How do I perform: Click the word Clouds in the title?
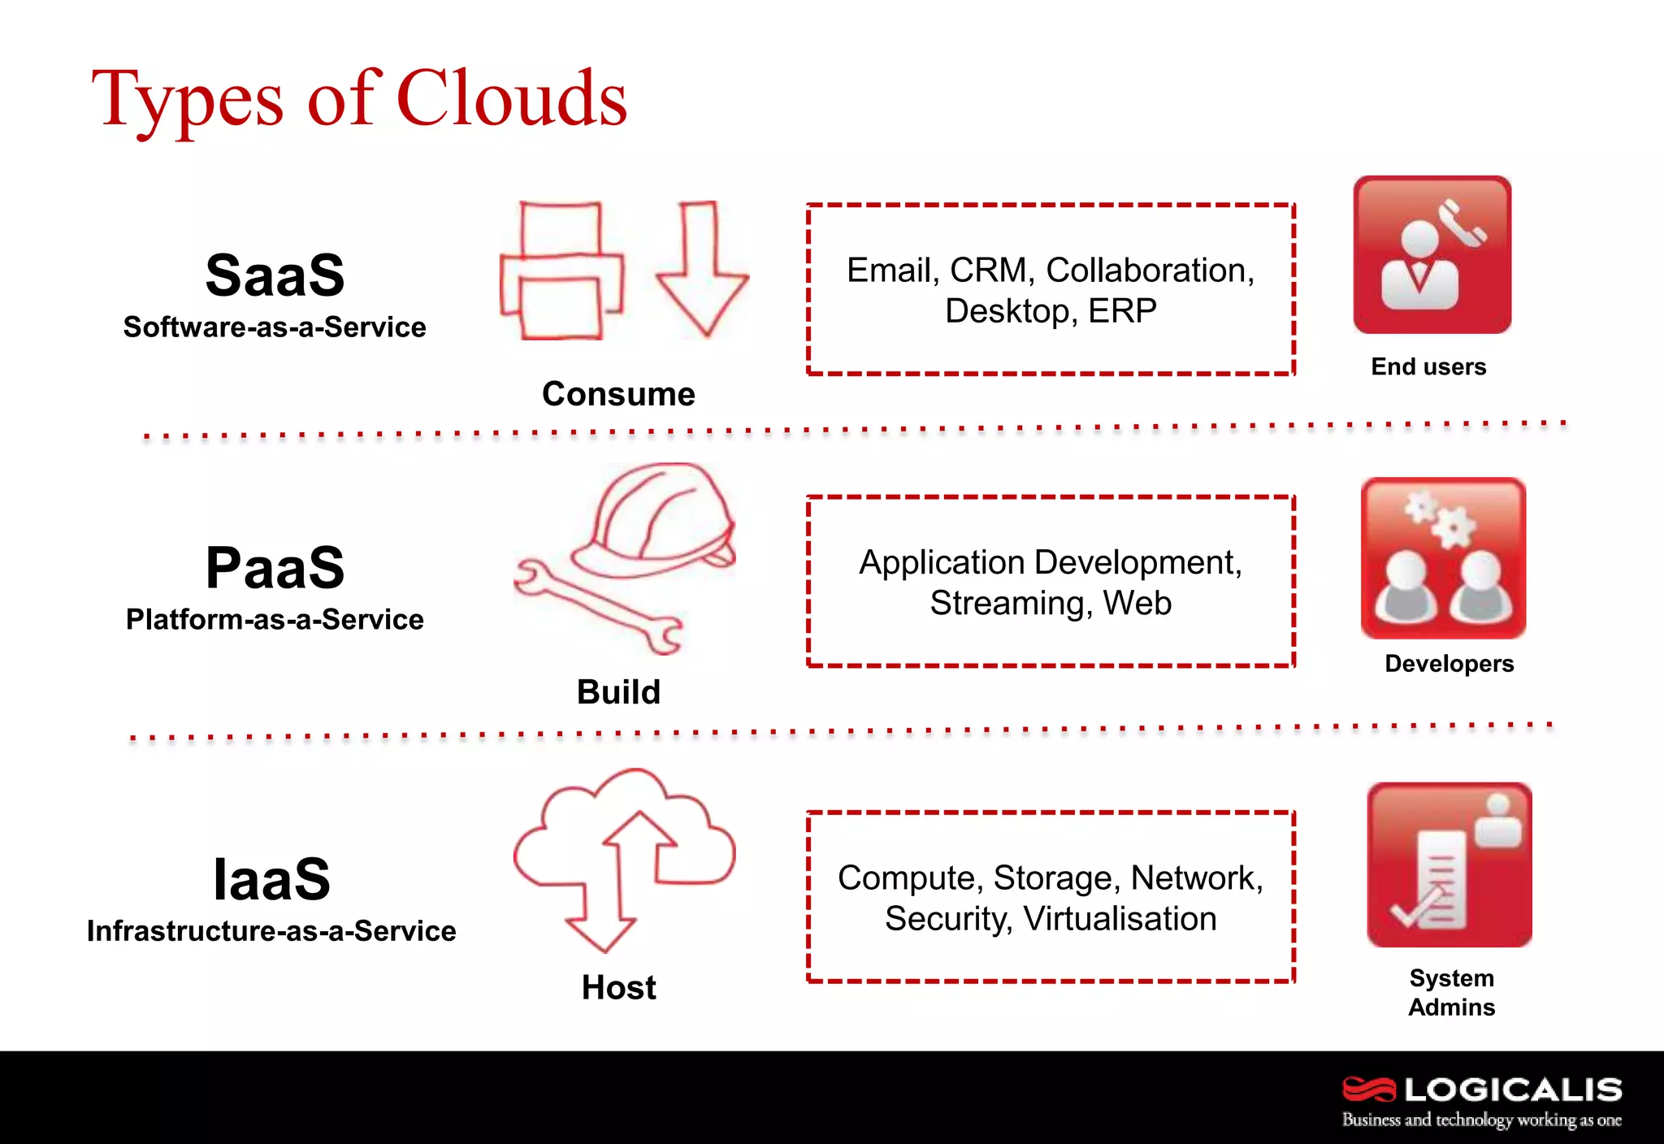pyautogui.click(x=512, y=99)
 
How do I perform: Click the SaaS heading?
pyautogui.click(x=275, y=275)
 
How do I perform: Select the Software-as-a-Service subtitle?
pyautogui.click(x=275, y=327)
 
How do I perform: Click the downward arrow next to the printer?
pyautogui.click(x=701, y=269)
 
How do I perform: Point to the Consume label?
pyautogui.click(x=618, y=394)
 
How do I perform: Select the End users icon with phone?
pyautogui.click(x=1432, y=254)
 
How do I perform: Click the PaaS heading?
pyautogui.click(x=275, y=568)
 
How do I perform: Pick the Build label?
pyautogui.click(x=618, y=692)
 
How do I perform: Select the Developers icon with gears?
pyautogui.click(x=1443, y=558)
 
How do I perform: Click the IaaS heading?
pyautogui.click(x=271, y=879)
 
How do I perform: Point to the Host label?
pyautogui.click(x=618, y=988)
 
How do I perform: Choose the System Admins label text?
pyautogui.click(x=1451, y=993)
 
